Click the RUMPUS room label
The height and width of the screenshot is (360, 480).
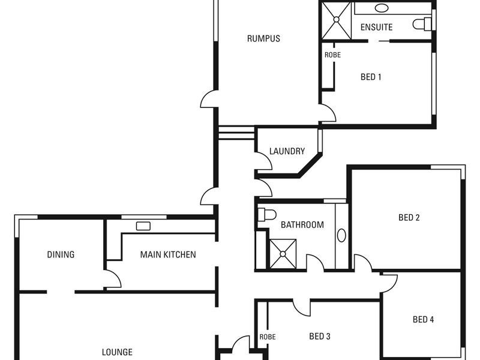point(263,39)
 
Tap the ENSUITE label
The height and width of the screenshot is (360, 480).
point(376,27)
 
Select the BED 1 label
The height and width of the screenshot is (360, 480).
point(371,77)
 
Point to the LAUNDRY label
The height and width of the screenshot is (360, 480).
point(287,151)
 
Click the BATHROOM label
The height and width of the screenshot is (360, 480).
point(302,225)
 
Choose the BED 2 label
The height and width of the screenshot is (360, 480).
point(409,218)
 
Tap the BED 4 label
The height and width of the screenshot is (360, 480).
point(423,320)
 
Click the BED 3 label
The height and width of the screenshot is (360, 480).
point(320,336)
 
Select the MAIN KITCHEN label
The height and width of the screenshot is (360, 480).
point(168,254)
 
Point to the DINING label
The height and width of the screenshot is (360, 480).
point(61,254)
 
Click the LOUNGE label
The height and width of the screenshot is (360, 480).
point(117,352)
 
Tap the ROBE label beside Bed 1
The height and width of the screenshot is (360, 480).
point(332,55)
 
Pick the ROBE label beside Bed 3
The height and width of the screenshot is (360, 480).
point(268,337)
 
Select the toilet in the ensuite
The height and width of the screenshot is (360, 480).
point(423,24)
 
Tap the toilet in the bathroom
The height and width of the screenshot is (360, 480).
point(266,214)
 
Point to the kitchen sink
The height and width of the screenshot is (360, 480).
point(143,226)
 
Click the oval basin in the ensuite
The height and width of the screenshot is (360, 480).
point(382,8)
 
